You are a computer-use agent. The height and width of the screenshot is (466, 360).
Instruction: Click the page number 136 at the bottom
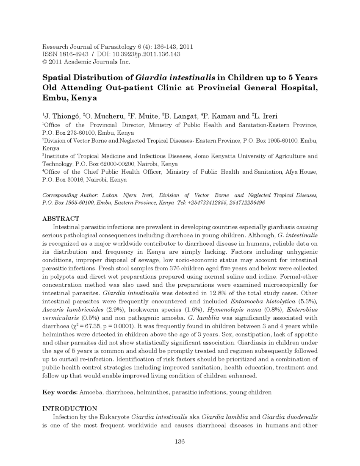click(x=180, y=442)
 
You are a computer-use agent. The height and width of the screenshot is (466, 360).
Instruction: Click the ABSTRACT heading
click(x=61, y=219)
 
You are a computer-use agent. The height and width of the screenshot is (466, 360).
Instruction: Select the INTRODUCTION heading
click(x=70, y=408)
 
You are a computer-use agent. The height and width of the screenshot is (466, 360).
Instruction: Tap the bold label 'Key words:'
click(x=60, y=392)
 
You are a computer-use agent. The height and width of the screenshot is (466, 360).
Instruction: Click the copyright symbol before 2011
click(x=45, y=62)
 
